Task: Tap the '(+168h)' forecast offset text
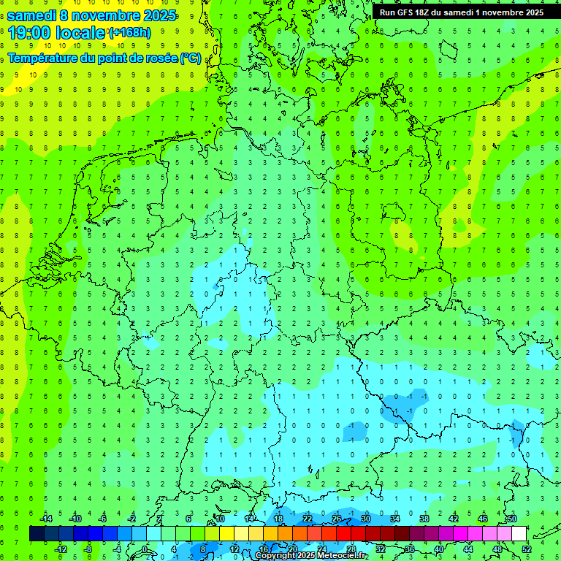click(x=130, y=33)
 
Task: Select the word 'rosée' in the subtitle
click(x=162, y=58)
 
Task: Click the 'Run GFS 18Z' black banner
click(x=460, y=12)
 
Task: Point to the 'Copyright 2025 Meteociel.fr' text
click(x=310, y=556)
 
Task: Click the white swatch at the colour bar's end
click(x=519, y=534)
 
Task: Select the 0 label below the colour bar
click(x=145, y=549)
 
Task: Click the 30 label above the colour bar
click(x=365, y=519)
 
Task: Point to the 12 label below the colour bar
click(x=235, y=549)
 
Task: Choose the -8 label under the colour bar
click(x=88, y=549)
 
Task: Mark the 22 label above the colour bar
click(x=307, y=519)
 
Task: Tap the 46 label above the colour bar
click(x=482, y=519)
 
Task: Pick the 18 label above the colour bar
click(x=278, y=519)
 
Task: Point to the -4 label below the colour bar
click(x=117, y=549)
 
